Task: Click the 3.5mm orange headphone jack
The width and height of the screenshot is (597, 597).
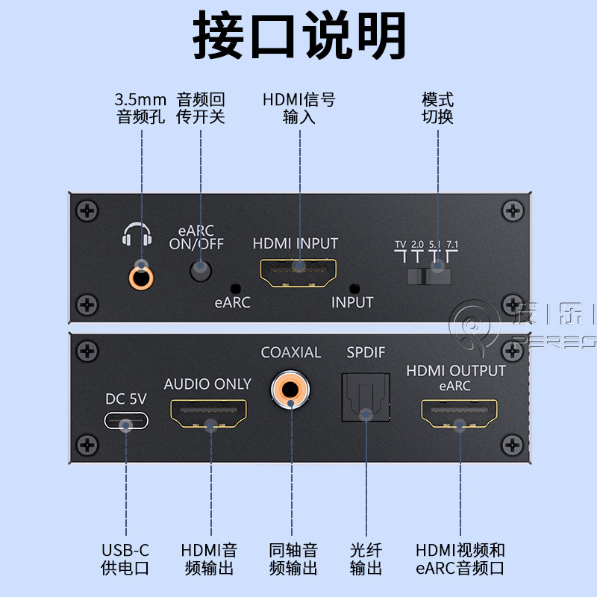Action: tap(140, 277)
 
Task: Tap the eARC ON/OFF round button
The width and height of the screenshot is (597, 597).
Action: tap(200, 270)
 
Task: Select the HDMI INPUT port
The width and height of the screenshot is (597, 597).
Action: tap(297, 274)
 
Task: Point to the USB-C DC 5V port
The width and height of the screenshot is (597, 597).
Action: tap(125, 423)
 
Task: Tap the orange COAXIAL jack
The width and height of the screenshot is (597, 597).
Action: tap(290, 390)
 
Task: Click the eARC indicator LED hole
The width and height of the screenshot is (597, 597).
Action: tap(237, 288)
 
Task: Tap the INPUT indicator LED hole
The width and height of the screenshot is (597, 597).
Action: tap(354, 287)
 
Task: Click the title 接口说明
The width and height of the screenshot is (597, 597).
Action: tap(299, 35)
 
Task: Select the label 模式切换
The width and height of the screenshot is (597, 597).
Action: tap(437, 108)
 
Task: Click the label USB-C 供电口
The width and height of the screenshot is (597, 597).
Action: tap(125, 559)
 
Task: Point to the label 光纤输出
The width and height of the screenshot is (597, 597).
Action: tap(366, 559)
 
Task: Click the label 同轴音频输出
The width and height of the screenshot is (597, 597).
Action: tap(293, 559)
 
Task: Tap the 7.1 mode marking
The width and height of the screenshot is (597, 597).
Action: tap(451, 244)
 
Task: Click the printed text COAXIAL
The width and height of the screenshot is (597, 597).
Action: tap(290, 352)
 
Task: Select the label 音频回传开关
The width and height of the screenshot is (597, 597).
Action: tap(200, 108)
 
